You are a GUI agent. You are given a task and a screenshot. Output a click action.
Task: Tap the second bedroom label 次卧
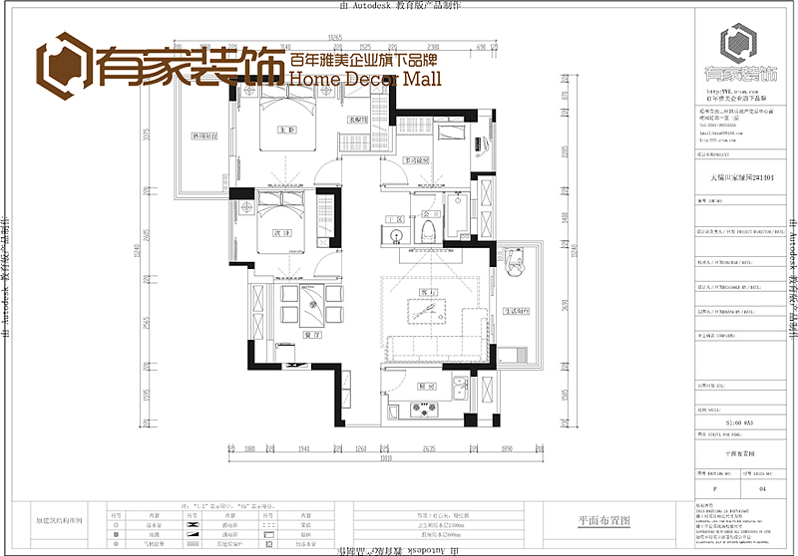[x=281, y=233]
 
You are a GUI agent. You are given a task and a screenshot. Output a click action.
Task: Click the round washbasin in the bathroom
[x=396, y=236]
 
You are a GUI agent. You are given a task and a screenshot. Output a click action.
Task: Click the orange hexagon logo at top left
[x=63, y=62]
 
